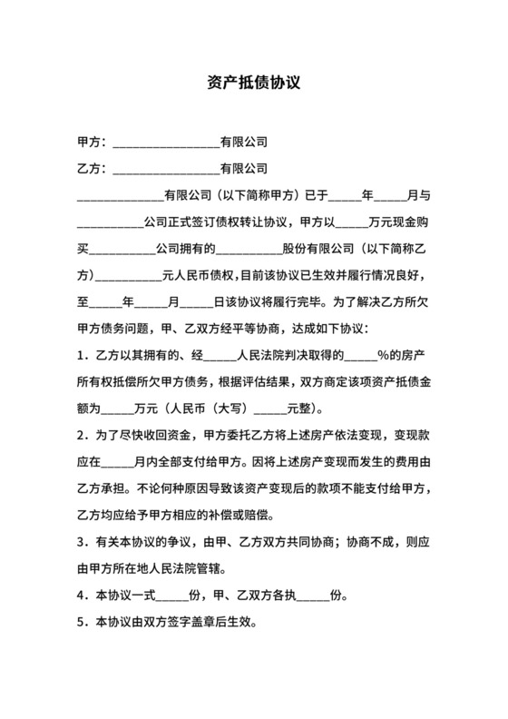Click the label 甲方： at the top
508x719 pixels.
pos(93,143)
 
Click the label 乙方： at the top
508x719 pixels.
pos(93,169)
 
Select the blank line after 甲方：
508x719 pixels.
pos(164,143)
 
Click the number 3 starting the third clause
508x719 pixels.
pos(82,545)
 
